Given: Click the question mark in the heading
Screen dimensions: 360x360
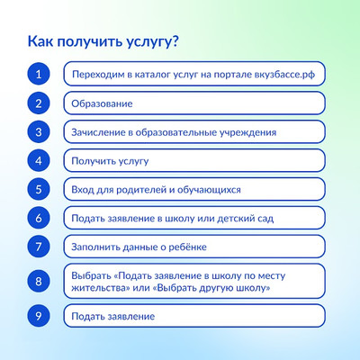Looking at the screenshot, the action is pos(175,41).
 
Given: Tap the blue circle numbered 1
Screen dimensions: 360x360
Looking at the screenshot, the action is pos(39,74).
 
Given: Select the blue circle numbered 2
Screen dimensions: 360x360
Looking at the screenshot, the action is pos(39,103).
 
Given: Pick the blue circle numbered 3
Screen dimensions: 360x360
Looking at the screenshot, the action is pos(39,132).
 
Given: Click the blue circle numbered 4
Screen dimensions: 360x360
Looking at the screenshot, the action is pos(39,161).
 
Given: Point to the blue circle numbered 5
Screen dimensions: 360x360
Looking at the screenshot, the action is pos(39,189).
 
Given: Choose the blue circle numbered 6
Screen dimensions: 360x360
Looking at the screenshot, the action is pos(39,218).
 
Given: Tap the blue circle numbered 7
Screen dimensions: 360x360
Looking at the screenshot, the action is pos(39,247).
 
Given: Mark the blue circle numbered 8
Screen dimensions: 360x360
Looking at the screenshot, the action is pos(39,282).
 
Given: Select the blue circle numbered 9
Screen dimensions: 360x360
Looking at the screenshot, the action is pos(39,316).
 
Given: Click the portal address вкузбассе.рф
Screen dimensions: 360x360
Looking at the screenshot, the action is pos(284,75).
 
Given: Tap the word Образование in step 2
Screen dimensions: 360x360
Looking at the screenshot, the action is pos(102,103).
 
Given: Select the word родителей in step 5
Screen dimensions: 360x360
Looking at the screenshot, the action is pos(140,190).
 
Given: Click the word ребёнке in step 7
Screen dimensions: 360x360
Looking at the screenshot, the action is pos(187,247).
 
